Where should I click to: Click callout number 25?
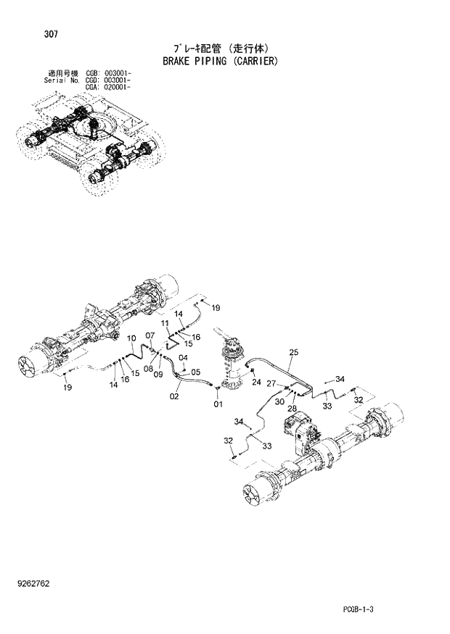click(293, 352)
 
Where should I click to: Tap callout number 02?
click(174, 396)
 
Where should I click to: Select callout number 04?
click(184, 357)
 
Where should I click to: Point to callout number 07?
click(150, 335)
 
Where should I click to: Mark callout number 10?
click(132, 338)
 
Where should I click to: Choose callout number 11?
click(165, 322)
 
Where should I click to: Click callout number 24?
click(256, 382)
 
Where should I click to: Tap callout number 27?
click(271, 383)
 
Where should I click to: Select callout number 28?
click(292, 409)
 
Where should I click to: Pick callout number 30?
click(279, 401)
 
